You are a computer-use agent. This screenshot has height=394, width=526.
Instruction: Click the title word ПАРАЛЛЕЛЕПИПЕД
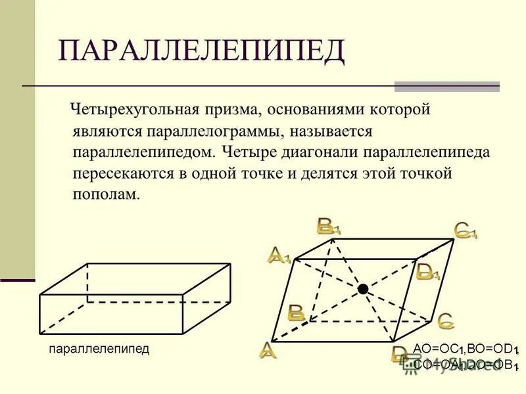[202, 51]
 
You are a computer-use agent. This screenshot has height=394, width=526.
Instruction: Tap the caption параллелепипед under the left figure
[99, 349]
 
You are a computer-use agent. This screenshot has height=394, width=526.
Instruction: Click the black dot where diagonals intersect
[362, 289]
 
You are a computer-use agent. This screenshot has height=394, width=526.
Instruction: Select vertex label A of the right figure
[268, 350]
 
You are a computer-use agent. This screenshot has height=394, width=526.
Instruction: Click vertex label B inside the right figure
[296, 313]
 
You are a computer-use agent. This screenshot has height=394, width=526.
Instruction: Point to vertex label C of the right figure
[445, 320]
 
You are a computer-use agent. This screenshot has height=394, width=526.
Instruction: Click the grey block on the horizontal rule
[446, 87]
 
